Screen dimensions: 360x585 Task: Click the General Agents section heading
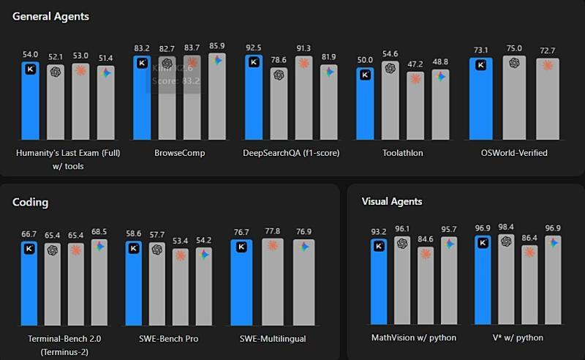point(50,16)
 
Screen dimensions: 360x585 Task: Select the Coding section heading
point(30,202)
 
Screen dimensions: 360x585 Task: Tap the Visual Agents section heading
point(393,201)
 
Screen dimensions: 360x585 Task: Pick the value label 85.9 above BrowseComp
point(217,46)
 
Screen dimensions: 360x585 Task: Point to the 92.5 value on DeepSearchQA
point(254,48)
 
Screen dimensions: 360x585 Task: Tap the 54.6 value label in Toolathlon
point(390,54)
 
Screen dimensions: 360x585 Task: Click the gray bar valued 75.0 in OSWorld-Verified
point(515,98)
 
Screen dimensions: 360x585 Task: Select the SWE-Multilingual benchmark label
point(273,339)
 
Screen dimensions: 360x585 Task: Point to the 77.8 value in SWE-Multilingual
point(273,231)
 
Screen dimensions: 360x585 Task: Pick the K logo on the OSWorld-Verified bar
point(480,64)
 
